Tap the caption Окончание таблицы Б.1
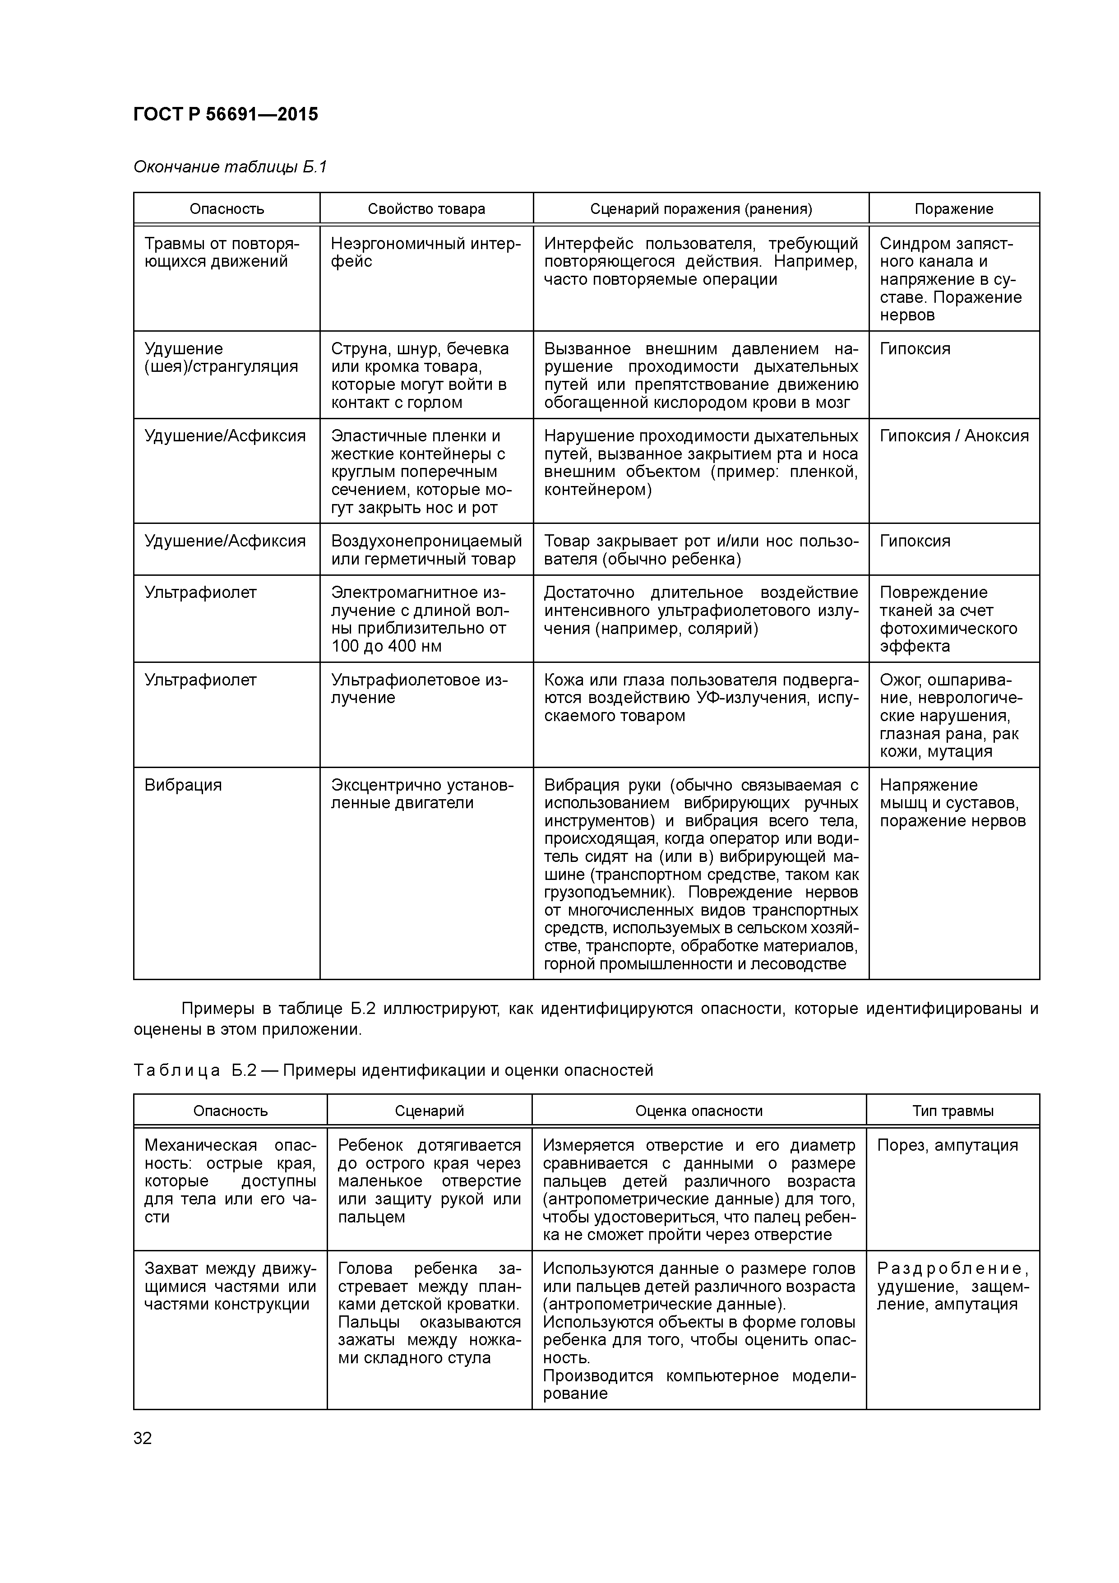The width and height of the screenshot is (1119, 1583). pyautogui.click(x=230, y=167)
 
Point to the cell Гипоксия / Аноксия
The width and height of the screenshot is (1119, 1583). pyautogui.click(x=953, y=436)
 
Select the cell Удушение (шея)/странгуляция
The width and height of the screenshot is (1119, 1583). pyautogui.click(x=221, y=358)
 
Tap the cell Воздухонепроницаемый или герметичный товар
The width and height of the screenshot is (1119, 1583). pyautogui.click(x=426, y=550)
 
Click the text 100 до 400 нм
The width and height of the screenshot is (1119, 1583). pyautogui.click(x=386, y=646)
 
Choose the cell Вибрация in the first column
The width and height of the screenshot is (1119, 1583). pyautogui.click(x=183, y=785)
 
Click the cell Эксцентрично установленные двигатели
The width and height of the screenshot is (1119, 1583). pyautogui.click(x=422, y=794)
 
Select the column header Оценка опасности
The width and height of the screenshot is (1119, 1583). pyautogui.click(x=698, y=1111)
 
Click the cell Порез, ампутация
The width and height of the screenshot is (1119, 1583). pyautogui.click(x=948, y=1145)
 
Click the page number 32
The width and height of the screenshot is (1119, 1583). pyautogui.click(x=143, y=1438)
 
